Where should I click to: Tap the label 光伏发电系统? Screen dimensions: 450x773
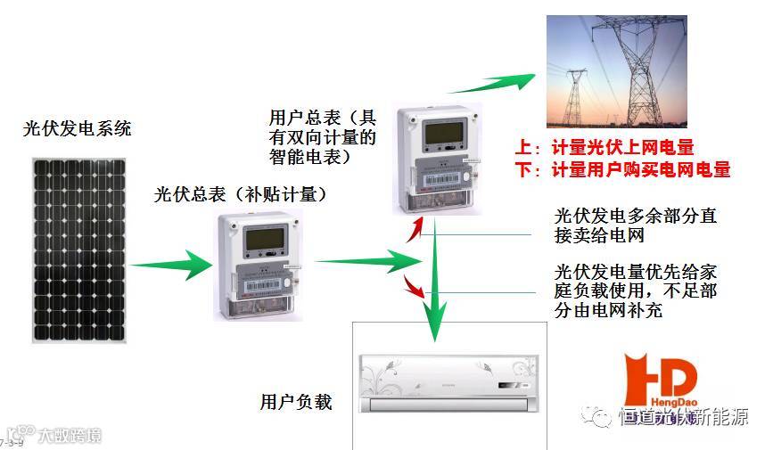tap(78, 128)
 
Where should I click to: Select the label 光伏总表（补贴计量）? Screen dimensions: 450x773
tap(241, 194)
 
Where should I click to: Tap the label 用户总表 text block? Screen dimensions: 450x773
tap(322, 137)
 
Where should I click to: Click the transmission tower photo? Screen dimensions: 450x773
tap(616, 73)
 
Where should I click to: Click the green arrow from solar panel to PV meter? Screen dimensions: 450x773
tap(169, 265)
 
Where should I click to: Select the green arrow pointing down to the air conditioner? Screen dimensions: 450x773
tap(433, 294)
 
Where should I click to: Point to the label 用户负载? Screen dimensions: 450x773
tap(296, 402)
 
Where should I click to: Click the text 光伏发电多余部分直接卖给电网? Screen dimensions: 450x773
tap(635, 226)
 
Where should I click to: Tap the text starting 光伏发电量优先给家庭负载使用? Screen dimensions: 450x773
tap(635, 290)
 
